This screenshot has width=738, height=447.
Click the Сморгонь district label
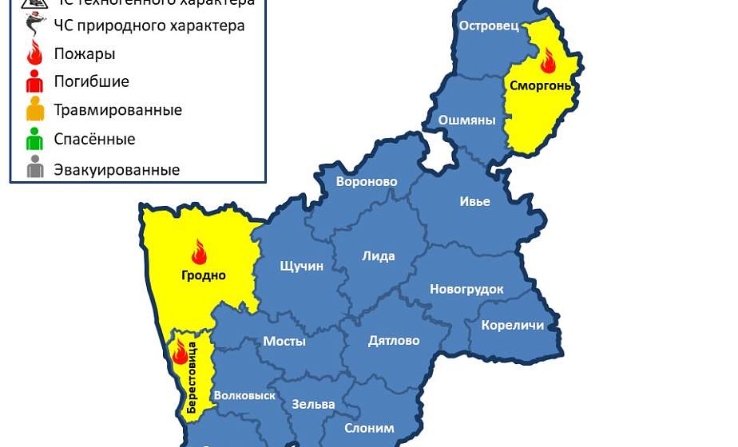(540, 86)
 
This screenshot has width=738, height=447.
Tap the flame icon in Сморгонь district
(548, 60)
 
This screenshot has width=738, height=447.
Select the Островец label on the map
(489, 26)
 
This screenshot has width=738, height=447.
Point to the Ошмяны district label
(466, 121)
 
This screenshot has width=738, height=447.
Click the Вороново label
(367, 182)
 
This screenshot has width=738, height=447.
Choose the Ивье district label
(474, 201)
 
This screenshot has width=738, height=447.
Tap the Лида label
(379, 256)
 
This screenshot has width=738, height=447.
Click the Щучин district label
(301, 266)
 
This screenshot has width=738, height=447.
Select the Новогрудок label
(466, 289)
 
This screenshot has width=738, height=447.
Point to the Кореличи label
(513, 325)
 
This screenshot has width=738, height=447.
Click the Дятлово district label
(394, 341)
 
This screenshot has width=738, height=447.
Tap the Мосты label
(284, 341)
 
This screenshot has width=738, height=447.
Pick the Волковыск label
(245, 395)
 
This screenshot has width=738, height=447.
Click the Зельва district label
(313, 404)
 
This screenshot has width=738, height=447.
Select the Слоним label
(369, 428)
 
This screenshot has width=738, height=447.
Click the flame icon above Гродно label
(199, 252)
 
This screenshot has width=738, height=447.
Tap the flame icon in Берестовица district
(181, 351)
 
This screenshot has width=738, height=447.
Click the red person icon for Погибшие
(34, 81)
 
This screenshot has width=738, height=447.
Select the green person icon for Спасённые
(34, 139)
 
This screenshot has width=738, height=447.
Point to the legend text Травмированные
(117, 110)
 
